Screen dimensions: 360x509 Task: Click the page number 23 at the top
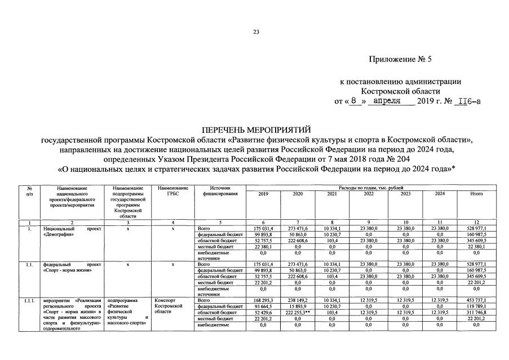[x=255, y=32]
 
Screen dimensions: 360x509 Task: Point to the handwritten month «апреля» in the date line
[x=387, y=100]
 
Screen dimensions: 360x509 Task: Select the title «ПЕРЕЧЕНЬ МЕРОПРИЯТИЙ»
[x=255, y=130]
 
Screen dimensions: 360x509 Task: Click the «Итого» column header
[x=476, y=194]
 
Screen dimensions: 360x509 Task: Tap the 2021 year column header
[x=331, y=194]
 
